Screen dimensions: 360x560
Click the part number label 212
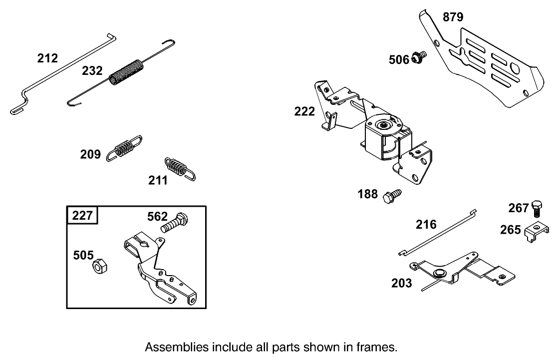click(x=47, y=58)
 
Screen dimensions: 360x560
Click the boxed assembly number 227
click(x=82, y=216)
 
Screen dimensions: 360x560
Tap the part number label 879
click(x=453, y=17)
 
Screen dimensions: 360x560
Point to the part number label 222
click(x=304, y=111)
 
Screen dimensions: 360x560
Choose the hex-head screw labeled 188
click(x=391, y=195)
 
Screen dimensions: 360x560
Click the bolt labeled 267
click(x=537, y=208)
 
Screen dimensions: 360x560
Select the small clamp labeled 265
click(x=537, y=232)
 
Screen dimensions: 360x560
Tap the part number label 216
click(x=427, y=224)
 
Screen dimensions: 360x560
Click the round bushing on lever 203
click(x=439, y=273)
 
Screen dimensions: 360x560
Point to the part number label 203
click(x=402, y=284)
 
